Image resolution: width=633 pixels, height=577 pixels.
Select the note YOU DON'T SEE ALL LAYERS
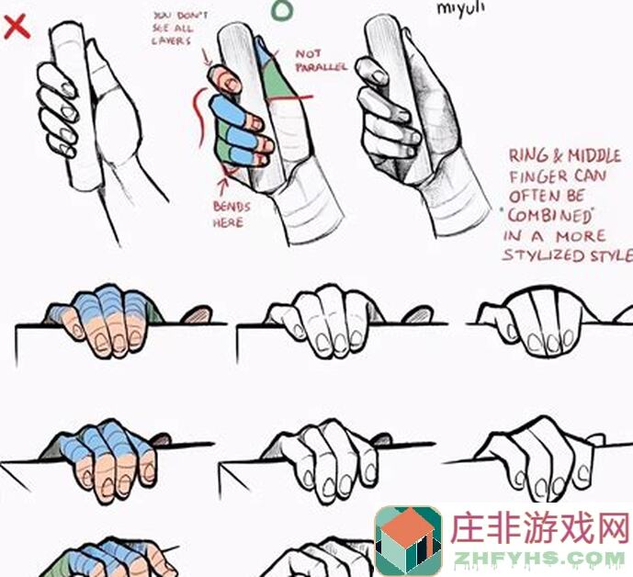click(180, 28)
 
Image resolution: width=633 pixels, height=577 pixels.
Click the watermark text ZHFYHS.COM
click(537, 557)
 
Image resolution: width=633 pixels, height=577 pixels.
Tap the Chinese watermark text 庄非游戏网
click(537, 528)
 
